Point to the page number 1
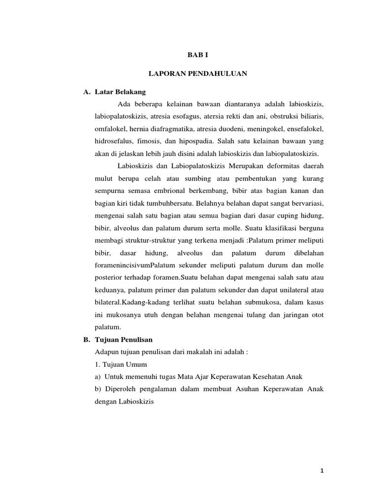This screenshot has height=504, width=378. point(321,472)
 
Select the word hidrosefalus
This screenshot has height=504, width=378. point(113,141)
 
